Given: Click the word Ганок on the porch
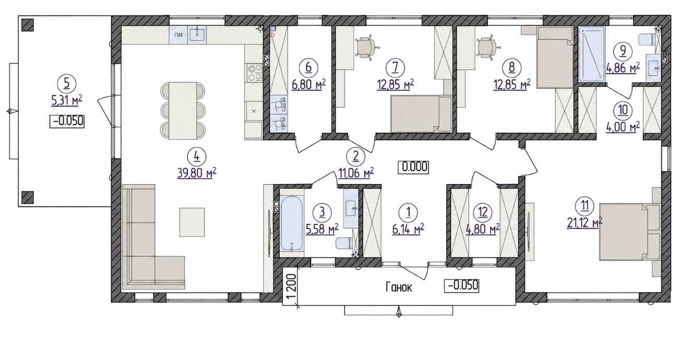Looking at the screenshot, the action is [x=399, y=287].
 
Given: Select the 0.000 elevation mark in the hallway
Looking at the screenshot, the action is [x=413, y=167].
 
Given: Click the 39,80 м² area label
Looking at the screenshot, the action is [x=197, y=173].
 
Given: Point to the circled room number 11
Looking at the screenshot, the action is [x=585, y=206].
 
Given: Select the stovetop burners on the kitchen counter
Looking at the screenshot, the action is [x=254, y=73].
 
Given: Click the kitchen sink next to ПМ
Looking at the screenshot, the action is [x=197, y=34].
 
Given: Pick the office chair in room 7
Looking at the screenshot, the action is [x=366, y=47].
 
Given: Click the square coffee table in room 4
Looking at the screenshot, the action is [x=192, y=222].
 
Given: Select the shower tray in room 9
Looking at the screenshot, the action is [x=591, y=54].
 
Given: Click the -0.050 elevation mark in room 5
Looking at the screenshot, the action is [x=67, y=121].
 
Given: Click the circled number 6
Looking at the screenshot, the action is [x=308, y=67].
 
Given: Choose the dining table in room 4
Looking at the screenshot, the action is [x=183, y=111].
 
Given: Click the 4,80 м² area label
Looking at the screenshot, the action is [x=483, y=230].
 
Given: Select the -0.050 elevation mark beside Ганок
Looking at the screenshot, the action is [x=462, y=285].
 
